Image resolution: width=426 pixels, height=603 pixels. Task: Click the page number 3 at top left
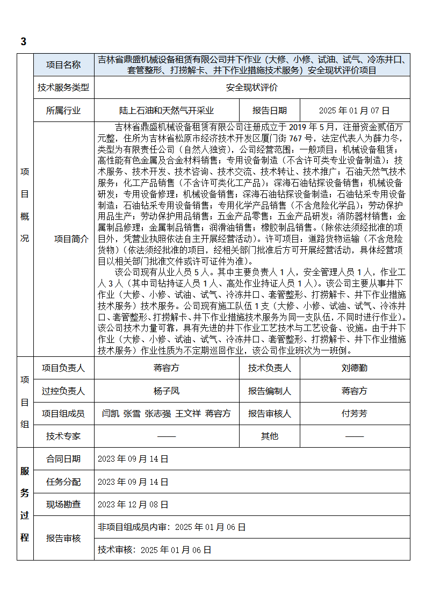23,42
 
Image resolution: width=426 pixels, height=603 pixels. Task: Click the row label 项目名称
63,65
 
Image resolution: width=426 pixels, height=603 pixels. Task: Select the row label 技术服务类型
63,88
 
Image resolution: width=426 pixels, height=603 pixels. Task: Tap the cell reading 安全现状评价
251,88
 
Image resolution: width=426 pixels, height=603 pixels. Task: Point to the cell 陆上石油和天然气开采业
167,111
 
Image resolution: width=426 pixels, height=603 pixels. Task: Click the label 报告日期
270,111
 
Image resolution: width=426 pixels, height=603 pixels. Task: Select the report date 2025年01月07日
354,111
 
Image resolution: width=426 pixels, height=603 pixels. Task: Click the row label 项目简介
71,239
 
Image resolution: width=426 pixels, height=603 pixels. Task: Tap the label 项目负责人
63,368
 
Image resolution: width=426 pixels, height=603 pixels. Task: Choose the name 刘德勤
355,368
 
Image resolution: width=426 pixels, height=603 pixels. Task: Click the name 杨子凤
167,391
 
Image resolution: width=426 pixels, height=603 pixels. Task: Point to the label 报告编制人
270,391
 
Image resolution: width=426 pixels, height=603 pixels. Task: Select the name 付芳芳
355,414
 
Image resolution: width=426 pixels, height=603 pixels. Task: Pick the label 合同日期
63,459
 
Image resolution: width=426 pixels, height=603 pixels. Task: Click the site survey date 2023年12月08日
133,505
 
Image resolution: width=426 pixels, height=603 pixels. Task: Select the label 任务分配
63,482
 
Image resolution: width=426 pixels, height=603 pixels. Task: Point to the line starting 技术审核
155,550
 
